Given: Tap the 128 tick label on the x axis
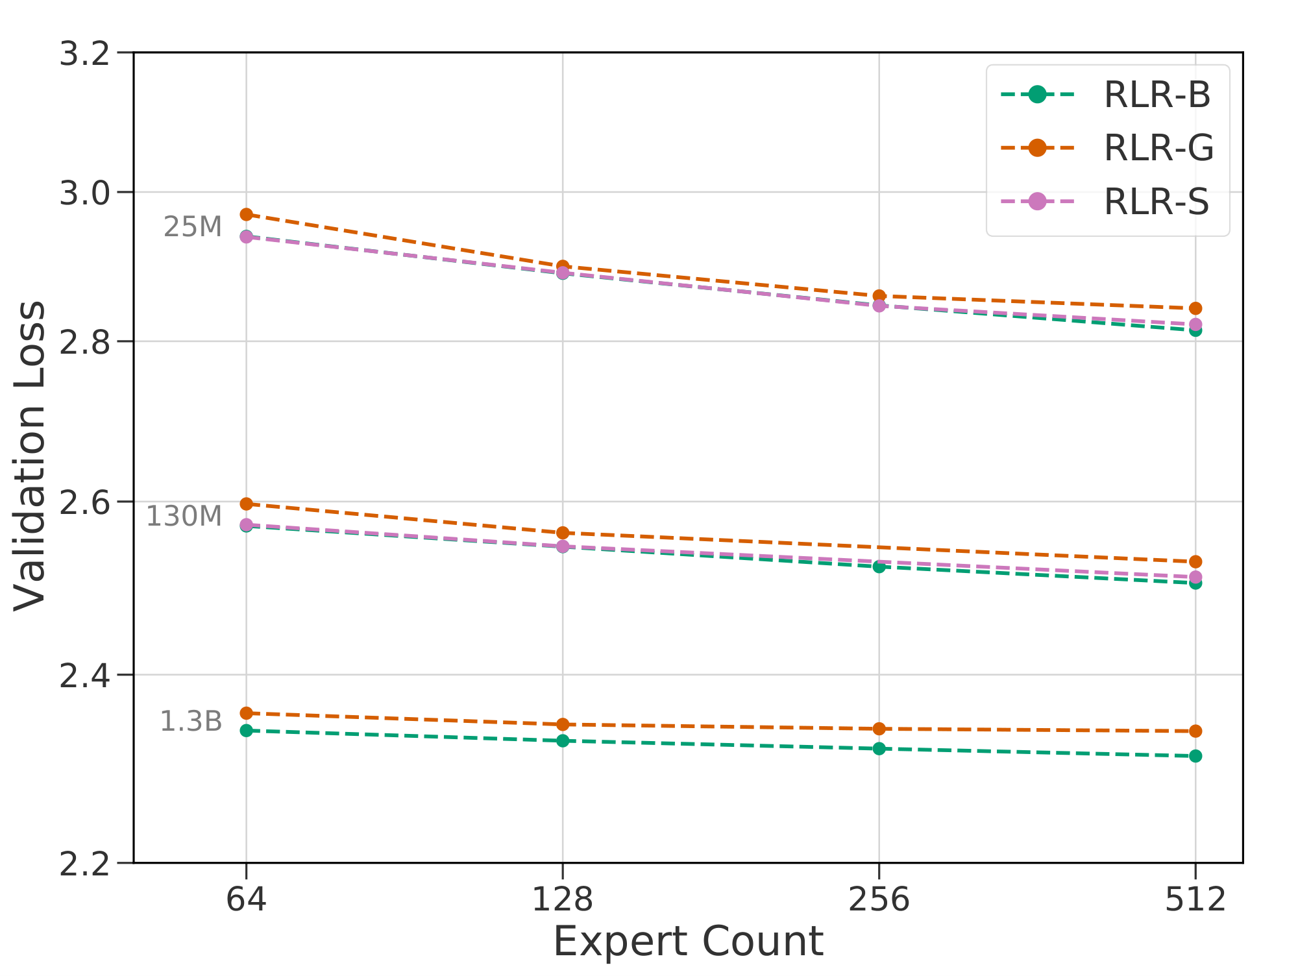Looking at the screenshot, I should pos(563,900).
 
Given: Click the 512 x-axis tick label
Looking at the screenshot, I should pos(1195,900).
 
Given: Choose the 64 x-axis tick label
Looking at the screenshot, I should pos(246,900).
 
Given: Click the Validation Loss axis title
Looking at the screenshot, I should pos(30,456).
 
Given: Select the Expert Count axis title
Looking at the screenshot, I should pos(688,942).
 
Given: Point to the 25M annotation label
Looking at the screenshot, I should pos(193,227).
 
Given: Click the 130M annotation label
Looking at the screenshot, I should pos(184,517).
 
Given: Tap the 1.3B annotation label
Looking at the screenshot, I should pos(191,722).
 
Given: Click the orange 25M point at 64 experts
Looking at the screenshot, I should pos(246,214).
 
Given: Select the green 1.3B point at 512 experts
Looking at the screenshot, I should pos(1195,756).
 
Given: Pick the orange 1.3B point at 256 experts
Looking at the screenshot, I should pos(879,729).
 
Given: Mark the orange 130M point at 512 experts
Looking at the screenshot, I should pos(1195,561).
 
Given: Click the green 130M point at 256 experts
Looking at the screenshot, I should pos(879,567).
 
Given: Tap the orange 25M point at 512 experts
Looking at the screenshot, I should pos(1195,308).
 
